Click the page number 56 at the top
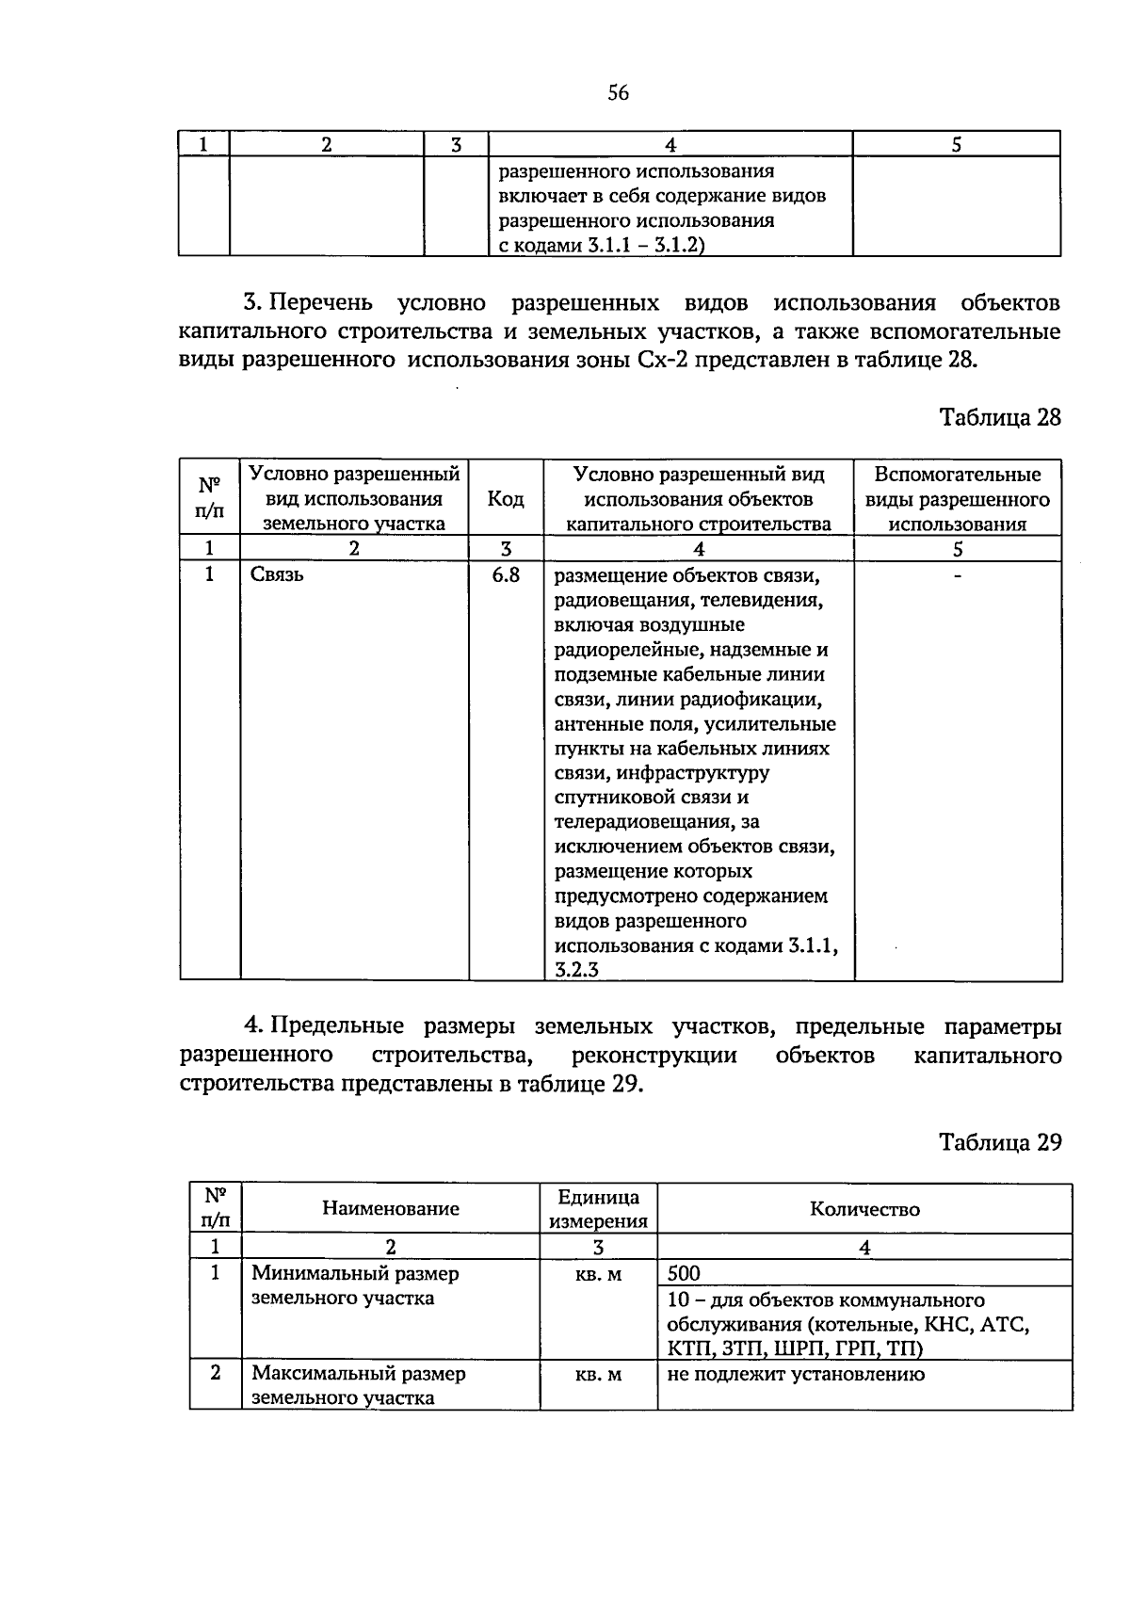click(618, 93)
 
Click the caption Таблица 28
click(1000, 417)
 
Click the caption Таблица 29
click(1000, 1142)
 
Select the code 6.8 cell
click(506, 574)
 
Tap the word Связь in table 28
click(277, 574)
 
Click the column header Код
click(506, 499)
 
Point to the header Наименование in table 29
click(391, 1208)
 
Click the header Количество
click(864, 1208)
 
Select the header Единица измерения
click(598, 1209)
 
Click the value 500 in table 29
click(684, 1273)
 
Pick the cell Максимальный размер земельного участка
click(358, 1385)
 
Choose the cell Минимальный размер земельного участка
click(355, 1285)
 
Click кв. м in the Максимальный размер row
click(598, 1374)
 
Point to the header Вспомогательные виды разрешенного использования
click(957, 499)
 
